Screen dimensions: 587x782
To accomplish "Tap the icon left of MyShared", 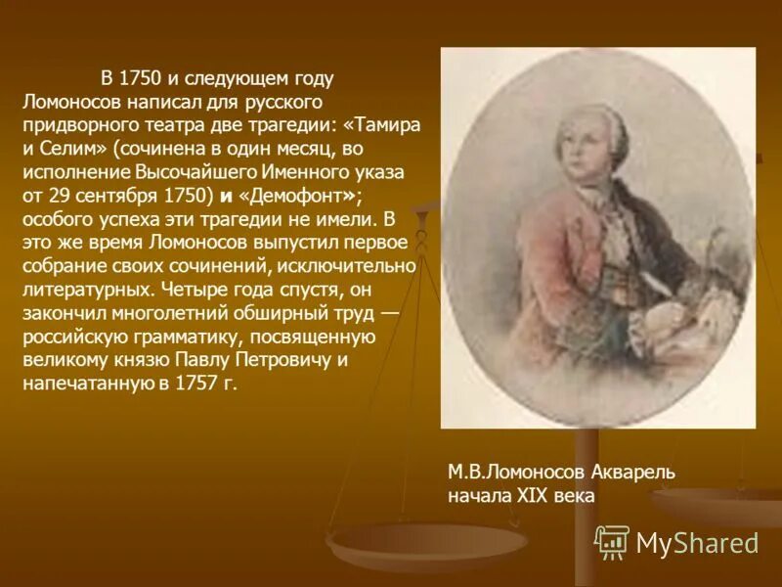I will pos(612,541).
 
